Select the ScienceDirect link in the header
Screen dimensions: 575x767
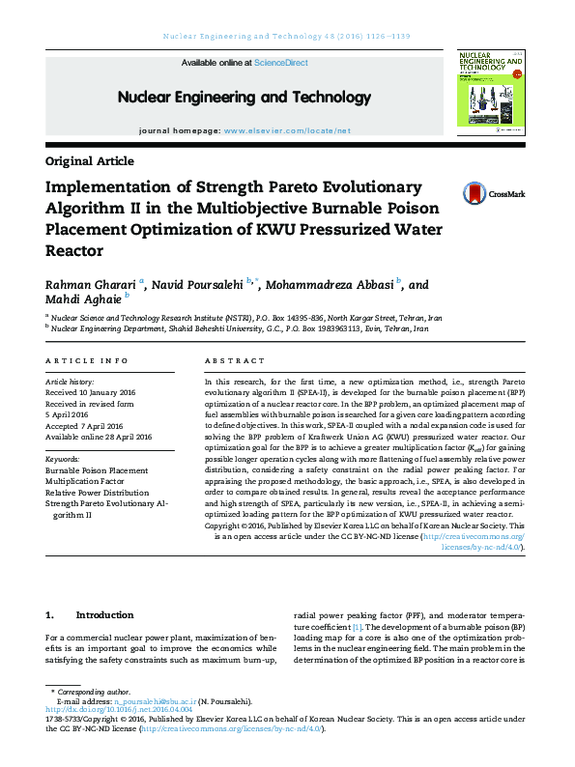(281, 62)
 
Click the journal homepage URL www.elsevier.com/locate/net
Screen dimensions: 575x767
(287, 129)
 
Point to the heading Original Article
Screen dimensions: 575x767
(90, 161)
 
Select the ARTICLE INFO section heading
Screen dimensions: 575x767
(87, 360)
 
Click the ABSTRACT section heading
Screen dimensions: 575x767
(235, 360)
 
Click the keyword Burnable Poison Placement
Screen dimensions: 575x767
(97, 470)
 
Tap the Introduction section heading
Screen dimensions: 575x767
(104, 614)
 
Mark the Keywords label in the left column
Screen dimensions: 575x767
(63, 459)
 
